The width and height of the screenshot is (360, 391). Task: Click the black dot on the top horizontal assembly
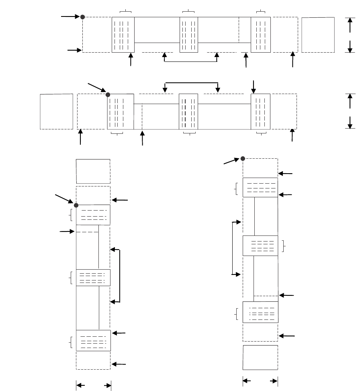click(x=82, y=17)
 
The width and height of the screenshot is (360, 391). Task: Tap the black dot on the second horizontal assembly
click(x=108, y=95)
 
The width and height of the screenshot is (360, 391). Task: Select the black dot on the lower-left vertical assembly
click(x=76, y=205)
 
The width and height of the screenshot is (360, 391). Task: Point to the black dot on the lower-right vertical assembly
click(x=243, y=158)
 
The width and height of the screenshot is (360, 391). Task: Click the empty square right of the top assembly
click(x=318, y=35)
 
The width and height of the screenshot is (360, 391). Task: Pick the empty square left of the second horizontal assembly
click(x=56, y=111)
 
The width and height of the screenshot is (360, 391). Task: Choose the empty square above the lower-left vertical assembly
click(x=93, y=171)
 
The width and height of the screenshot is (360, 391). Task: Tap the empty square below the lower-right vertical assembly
click(x=260, y=357)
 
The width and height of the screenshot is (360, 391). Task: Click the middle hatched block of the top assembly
click(x=189, y=35)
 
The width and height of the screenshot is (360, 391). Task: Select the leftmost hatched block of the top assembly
click(x=123, y=35)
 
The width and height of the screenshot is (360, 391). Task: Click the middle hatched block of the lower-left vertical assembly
click(x=93, y=278)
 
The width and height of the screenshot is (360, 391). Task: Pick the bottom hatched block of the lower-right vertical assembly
click(x=260, y=312)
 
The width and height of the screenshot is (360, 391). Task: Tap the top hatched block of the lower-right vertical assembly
click(x=260, y=187)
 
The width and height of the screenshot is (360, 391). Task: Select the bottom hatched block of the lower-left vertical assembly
click(x=93, y=340)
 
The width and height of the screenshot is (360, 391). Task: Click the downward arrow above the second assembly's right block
click(x=253, y=86)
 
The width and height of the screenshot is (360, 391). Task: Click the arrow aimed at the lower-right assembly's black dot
click(x=231, y=162)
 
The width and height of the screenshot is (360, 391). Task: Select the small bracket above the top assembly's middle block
click(x=188, y=10)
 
